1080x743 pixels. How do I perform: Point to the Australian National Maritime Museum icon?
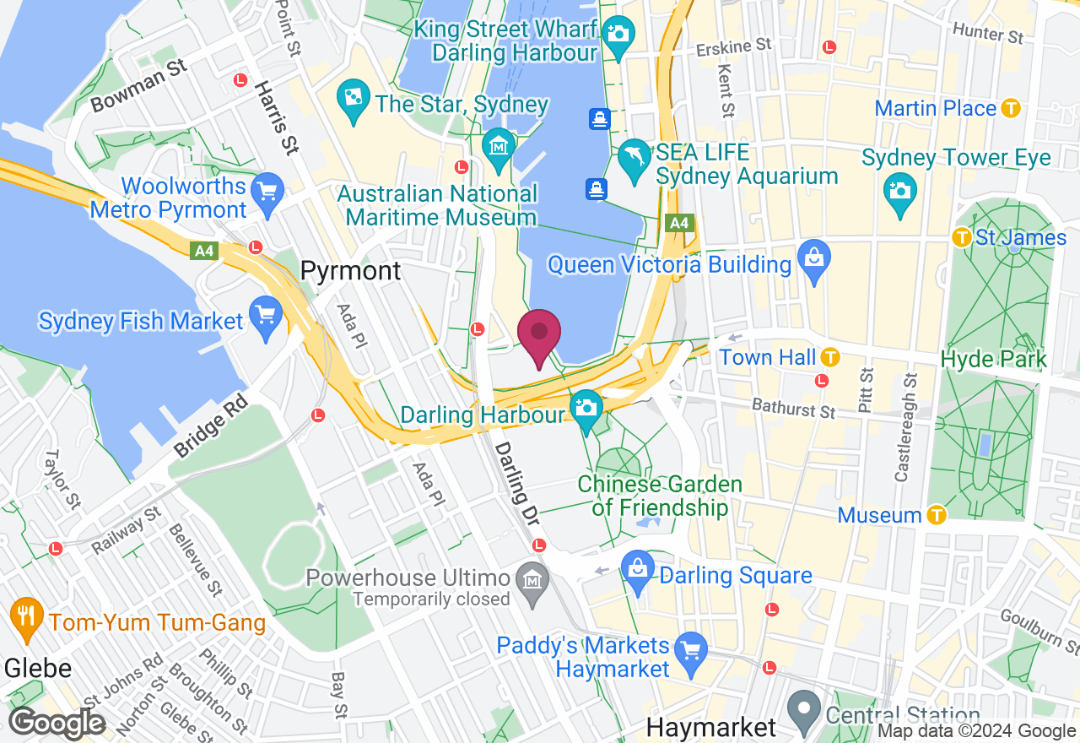coord(499,145)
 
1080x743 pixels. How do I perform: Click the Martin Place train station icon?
coord(1012,108)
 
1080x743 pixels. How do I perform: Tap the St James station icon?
coord(961,238)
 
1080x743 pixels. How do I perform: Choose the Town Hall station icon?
coord(830,357)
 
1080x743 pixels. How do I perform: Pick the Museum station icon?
coord(936,514)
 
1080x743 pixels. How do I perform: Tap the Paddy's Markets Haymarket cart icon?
coord(691,648)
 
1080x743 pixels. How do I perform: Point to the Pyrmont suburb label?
coord(351,271)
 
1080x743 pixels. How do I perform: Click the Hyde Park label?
coord(993,359)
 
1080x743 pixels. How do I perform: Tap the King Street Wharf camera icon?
coord(618,34)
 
